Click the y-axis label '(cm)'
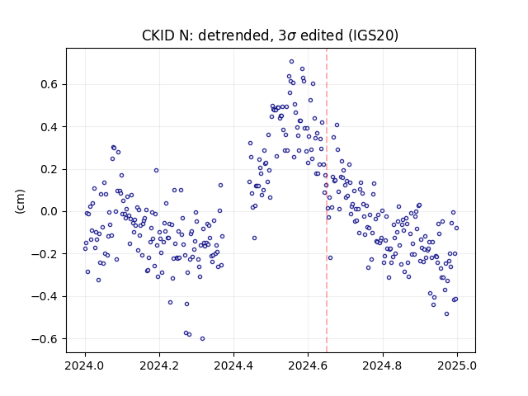point(20,201)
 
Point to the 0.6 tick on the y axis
point(49,84)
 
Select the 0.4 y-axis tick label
point(49,127)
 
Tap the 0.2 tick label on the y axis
point(49,169)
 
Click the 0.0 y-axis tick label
point(49,212)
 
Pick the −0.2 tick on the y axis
point(45,254)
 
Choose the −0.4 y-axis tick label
point(45,296)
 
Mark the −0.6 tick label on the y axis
point(45,339)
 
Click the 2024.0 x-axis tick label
point(85,365)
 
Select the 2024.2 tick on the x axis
point(159,365)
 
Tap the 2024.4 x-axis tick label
point(233,365)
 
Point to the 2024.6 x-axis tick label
point(308,365)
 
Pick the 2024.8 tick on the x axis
point(383,365)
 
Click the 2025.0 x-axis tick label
point(457,365)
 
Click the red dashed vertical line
point(327,200)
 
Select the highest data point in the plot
point(291,62)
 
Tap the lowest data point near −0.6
point(202,339)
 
